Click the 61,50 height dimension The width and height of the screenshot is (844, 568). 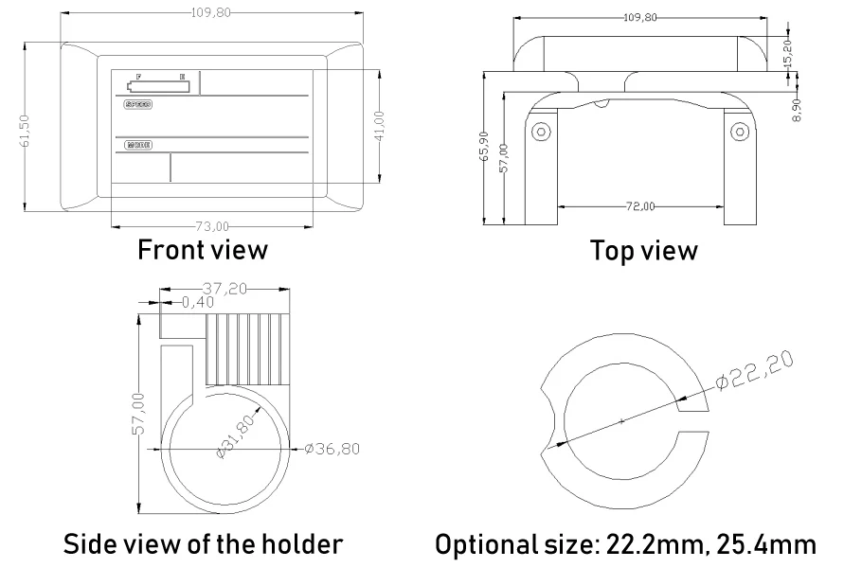[x=25, y=130]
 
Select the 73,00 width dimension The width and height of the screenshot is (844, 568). [x=211, y=225]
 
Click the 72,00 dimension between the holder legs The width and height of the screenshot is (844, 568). [x=641, y=205]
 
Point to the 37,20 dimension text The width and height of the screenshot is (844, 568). [x=225, y=285]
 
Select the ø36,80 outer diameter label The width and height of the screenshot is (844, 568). [x=332, y=448]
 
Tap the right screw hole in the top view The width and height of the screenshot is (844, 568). [x=737, y=130]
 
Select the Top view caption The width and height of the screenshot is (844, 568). [x=643, y=251]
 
